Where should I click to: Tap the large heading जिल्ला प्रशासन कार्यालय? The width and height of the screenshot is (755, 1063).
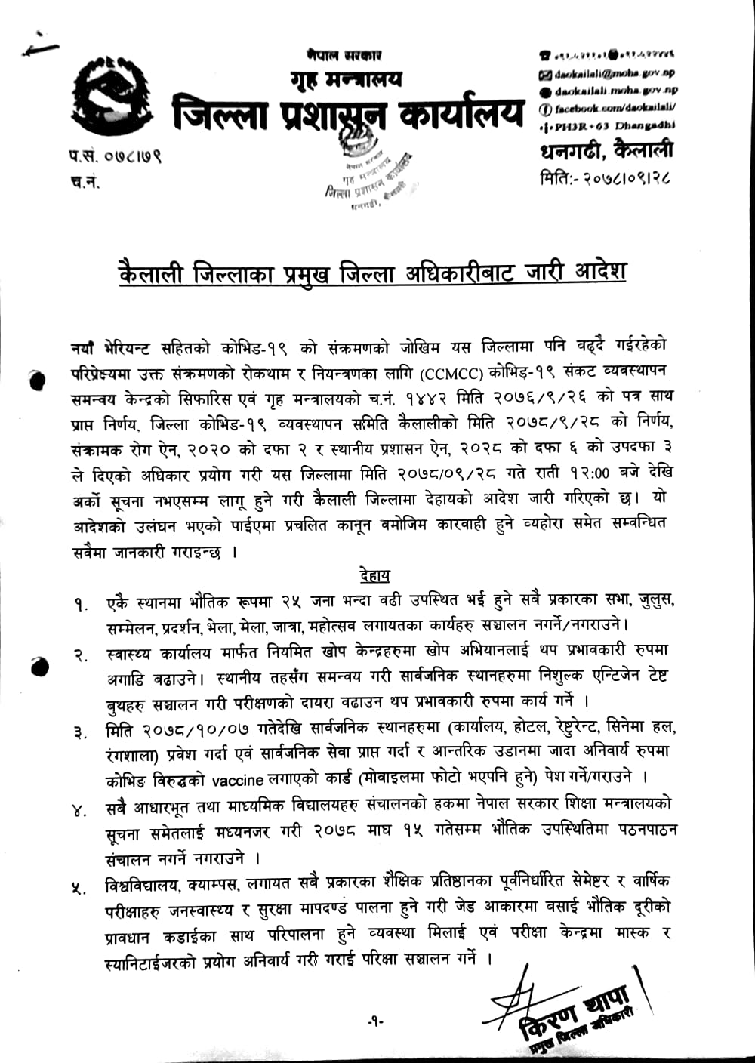point(347,112)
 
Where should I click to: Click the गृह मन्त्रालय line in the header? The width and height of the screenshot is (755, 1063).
point(346,79)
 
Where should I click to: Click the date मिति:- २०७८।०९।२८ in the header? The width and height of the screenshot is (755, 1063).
point(606,179)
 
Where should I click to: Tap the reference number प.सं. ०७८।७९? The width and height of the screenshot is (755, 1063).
point(113,158)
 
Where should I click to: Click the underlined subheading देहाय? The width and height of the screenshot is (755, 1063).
point(374,576)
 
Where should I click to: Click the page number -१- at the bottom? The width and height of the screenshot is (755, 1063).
point(376,1021)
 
